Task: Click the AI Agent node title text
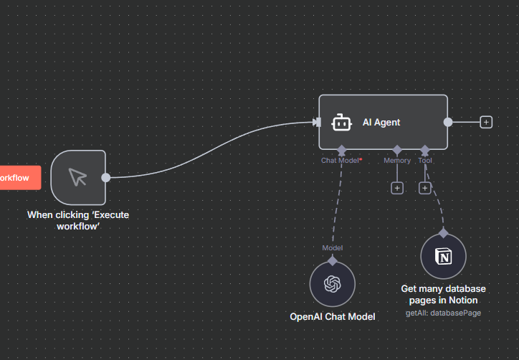[381, 122]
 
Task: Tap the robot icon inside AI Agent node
[341, 123]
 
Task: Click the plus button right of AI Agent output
[486, 122]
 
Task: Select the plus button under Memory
[397, 188]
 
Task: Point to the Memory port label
[397, 161]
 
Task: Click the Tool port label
[425, 161]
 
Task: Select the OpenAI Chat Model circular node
[332, 285]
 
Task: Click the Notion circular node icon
[444, 257]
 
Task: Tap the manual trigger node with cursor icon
[78, 177]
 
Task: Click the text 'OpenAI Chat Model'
[332, 316]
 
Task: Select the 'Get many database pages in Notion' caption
[443, 294]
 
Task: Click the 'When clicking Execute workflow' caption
[78, 220]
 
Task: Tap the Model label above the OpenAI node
[332, 248]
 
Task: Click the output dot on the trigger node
[106, 177]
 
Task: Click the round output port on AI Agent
[448, 122]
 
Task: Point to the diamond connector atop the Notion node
[444, 233]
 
